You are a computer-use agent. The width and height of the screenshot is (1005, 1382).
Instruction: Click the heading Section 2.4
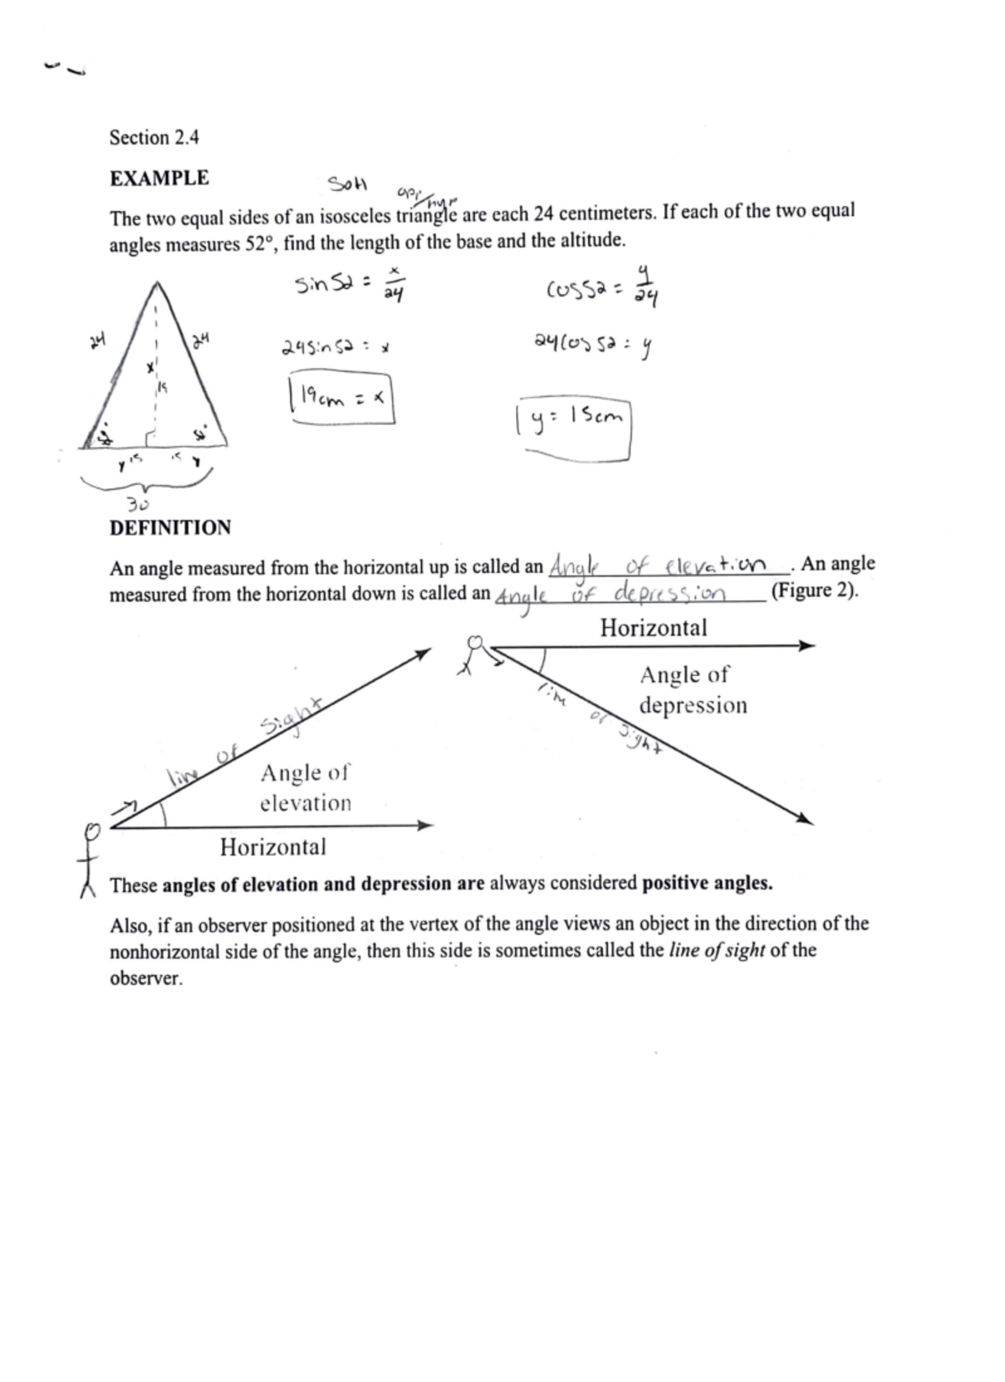pyautogui.click(x=154, y=137)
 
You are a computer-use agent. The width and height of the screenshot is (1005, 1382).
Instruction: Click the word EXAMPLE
pyautogui.click(x=159, y=178)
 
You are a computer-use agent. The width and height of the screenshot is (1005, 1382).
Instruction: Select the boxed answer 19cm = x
pyautogui.click(x=340, y=400)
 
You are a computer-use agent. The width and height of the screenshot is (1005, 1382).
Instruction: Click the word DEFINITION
pyautogui.click(x=170, y=528)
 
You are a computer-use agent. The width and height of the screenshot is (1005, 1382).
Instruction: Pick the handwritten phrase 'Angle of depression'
pyautogui.click(x=611, y=595)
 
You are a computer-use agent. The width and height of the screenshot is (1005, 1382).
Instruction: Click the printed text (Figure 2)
pyautogui.click(x=814, y=591)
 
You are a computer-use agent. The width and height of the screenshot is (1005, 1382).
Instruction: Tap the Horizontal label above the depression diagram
pyautogui.click(x=653, y=627)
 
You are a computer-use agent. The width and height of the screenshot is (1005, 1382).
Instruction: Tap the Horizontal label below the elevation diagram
pyautogui.click(x=273, y=847)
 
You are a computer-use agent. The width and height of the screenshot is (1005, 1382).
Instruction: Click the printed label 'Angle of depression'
pyautogui.click(x=692, y=689)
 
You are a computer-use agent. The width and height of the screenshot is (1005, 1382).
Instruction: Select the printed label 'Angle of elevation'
pyautogui.click(x=305, y=787)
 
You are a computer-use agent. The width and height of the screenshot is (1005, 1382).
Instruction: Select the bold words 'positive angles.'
pyautogui.click(x=707, y=884)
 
